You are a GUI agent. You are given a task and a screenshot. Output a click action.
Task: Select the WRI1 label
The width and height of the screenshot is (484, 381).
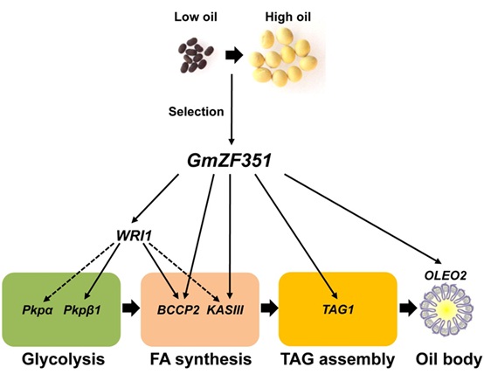(133, 235)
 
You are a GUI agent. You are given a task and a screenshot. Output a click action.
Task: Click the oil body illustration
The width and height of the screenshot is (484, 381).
(449, 312)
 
